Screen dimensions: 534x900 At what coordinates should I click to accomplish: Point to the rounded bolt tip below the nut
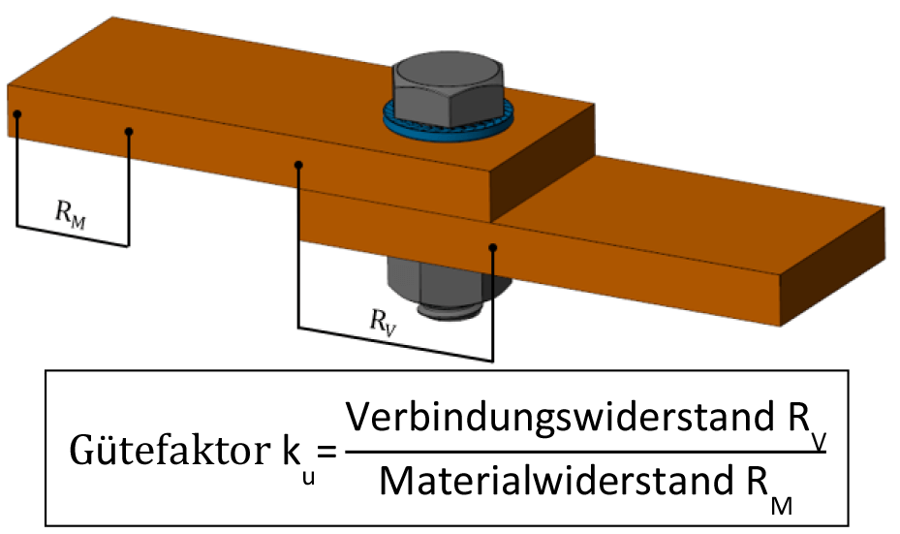447,312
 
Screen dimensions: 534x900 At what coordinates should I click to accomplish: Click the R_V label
384,320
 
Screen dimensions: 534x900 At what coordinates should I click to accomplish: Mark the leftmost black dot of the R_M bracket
16,114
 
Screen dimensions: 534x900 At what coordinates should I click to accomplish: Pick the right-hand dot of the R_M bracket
129,131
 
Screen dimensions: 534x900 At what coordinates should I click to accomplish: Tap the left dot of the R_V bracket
299,165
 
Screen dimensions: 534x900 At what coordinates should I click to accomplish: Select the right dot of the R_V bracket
493,248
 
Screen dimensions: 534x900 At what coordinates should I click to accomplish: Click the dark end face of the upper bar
543,160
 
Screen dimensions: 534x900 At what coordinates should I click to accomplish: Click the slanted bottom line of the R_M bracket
73,236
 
